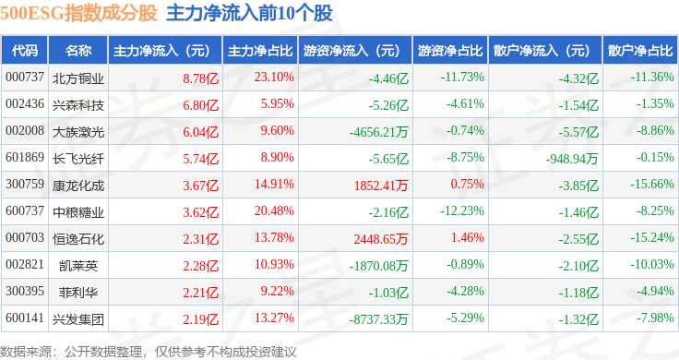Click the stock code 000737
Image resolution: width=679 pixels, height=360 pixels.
pos(25,78)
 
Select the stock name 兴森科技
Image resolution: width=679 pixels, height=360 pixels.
pos(78,105)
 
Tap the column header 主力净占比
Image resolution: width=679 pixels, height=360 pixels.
pos(260,51)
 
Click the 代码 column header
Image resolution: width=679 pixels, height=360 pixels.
pos(25,51)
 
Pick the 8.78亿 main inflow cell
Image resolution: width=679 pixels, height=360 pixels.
pos(200,78)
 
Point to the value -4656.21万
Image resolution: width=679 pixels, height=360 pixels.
pos(379,132)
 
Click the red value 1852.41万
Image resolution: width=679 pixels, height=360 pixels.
pos(381,186)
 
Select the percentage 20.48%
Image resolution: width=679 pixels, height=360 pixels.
pos(274,211)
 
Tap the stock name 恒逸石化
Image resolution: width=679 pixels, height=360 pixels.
pos(78,239)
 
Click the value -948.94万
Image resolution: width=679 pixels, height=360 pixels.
pos(572,159)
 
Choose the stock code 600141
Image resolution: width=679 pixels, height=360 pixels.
pos(25,318)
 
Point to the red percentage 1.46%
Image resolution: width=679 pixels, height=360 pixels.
pos(467,238)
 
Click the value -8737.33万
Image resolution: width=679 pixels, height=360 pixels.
pos(379,319)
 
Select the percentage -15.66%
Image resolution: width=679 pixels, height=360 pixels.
pos(652,184)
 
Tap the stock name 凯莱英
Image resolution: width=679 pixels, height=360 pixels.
pos(78,266)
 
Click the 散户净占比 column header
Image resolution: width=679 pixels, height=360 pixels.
pos(640,51)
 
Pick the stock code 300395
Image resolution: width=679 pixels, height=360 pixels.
pos(25,291)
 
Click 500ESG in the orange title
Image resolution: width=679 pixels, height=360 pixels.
pos(32,13)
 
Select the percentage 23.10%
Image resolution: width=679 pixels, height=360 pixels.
pos(274,78)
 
